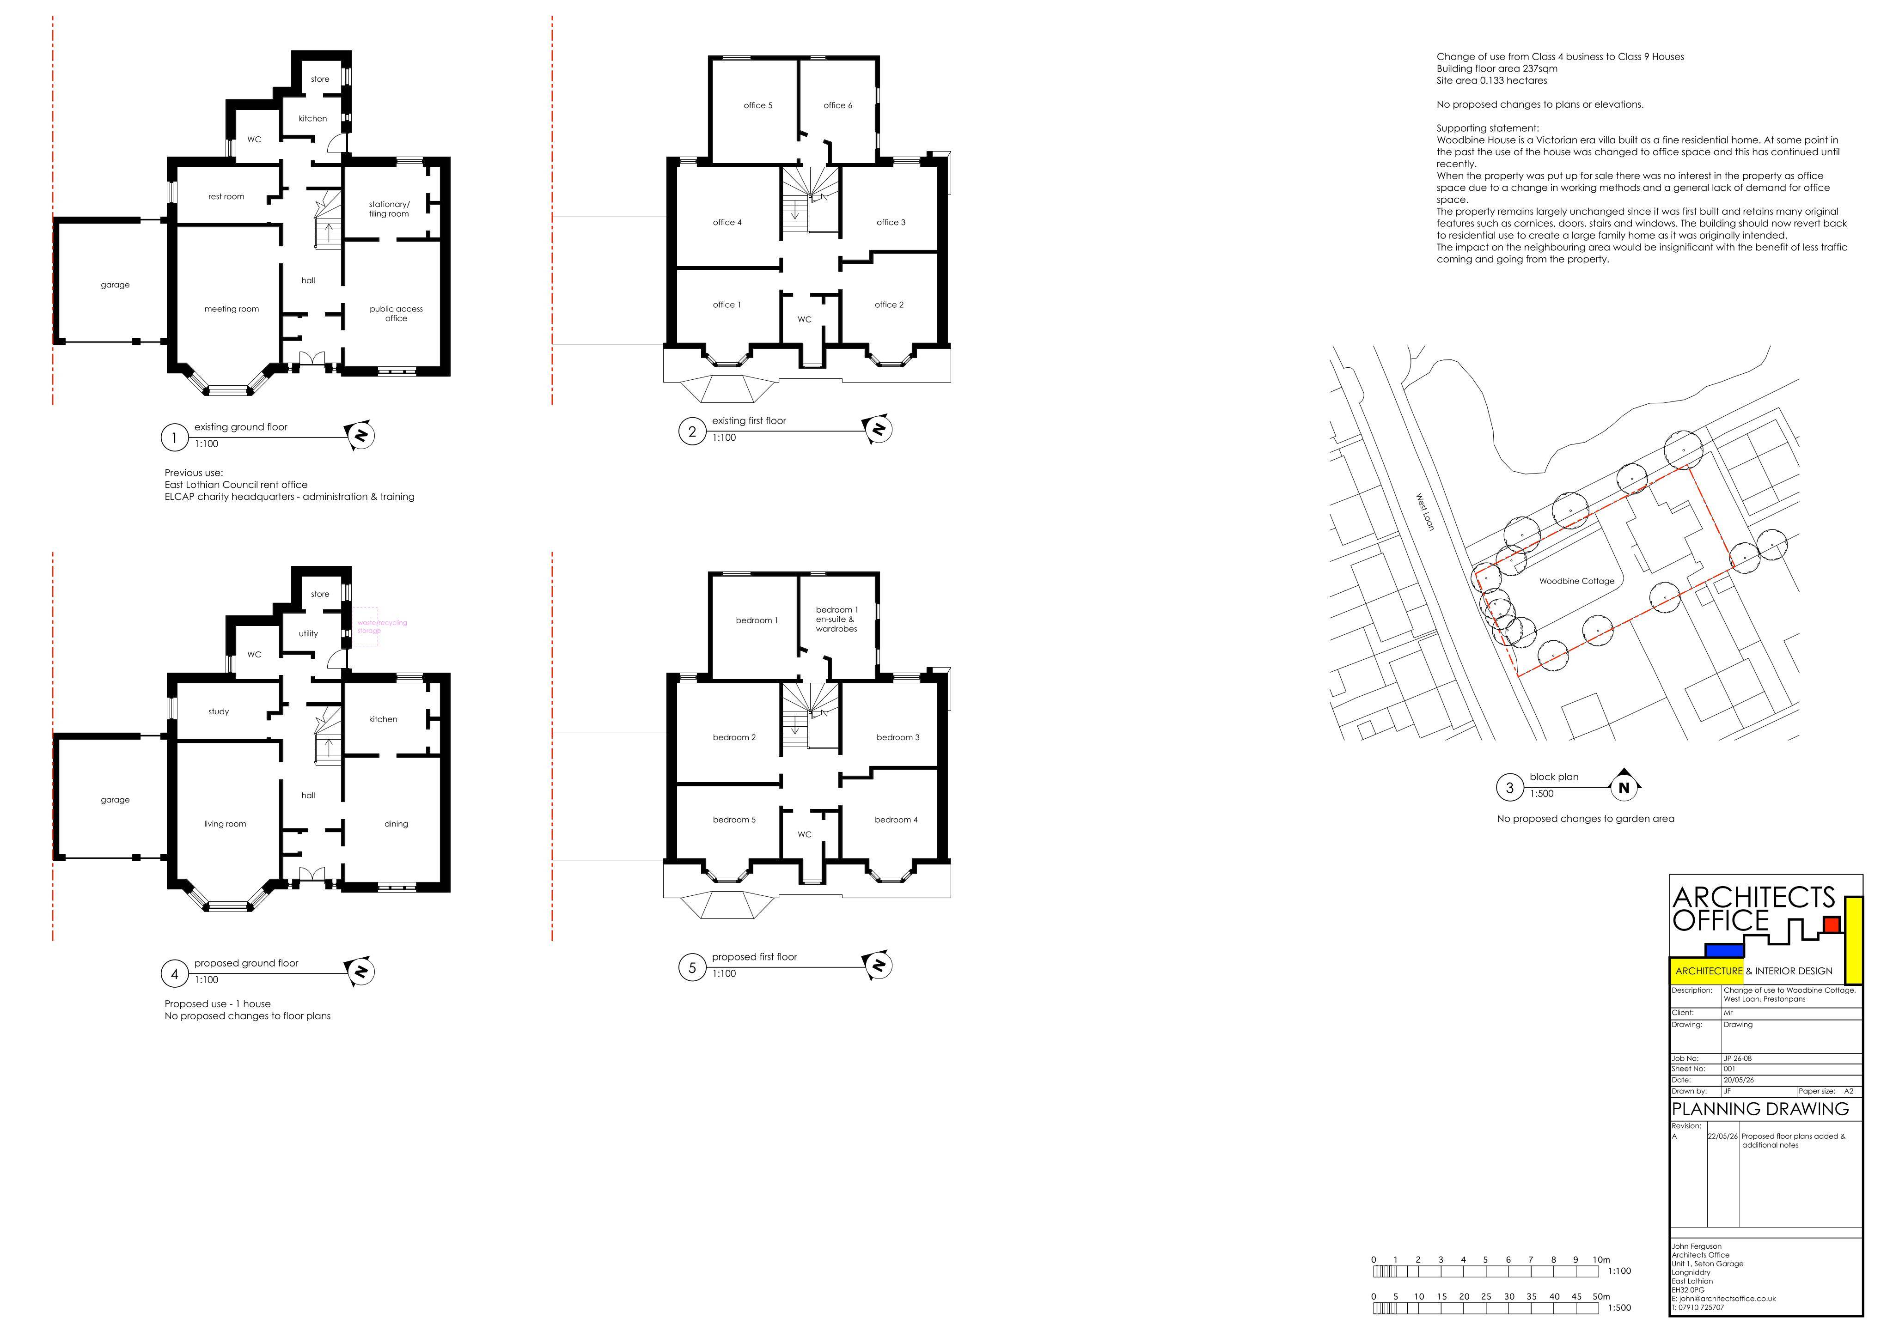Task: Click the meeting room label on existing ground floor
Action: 232,309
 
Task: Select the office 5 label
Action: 757,105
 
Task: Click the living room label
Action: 225,824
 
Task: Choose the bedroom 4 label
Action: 896,820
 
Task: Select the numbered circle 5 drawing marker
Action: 692,968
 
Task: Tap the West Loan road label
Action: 1425,512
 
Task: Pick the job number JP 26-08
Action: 1738,1058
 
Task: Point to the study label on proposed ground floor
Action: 219,712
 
